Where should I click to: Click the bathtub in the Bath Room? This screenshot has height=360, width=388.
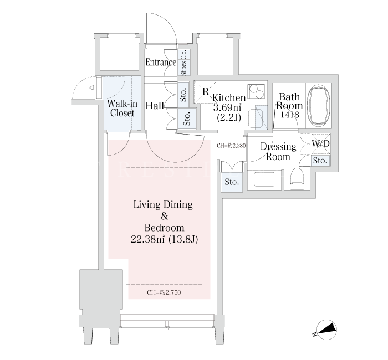(319, 105)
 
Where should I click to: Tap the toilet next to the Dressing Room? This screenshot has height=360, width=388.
(297, 178)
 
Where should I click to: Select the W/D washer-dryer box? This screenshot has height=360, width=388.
(320, 144)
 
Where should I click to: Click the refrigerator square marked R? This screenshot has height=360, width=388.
(205, 91)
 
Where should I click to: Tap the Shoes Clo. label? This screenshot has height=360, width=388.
(183, 63)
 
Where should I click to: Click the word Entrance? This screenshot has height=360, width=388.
(161, 62)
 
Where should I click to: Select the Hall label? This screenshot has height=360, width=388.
(155, 106)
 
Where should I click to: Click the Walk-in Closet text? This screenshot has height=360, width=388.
(122, 109)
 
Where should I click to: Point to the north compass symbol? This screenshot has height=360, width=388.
(326, 330)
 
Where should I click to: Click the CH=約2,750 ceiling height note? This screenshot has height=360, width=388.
(164, 292)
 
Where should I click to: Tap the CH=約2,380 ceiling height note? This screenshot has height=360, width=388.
(231, 146)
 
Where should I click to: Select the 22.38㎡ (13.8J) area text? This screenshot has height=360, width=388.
(164, 239)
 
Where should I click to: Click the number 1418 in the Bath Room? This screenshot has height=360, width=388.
(290, 115)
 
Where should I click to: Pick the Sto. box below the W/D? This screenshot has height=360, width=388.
(320, 161)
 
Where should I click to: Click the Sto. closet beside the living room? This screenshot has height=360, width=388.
(232, 182)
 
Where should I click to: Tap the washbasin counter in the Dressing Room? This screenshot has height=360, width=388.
(264, 179)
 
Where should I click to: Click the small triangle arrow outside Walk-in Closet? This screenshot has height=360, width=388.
(91, 88)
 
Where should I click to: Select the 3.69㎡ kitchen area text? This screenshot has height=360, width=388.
(227, 107)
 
